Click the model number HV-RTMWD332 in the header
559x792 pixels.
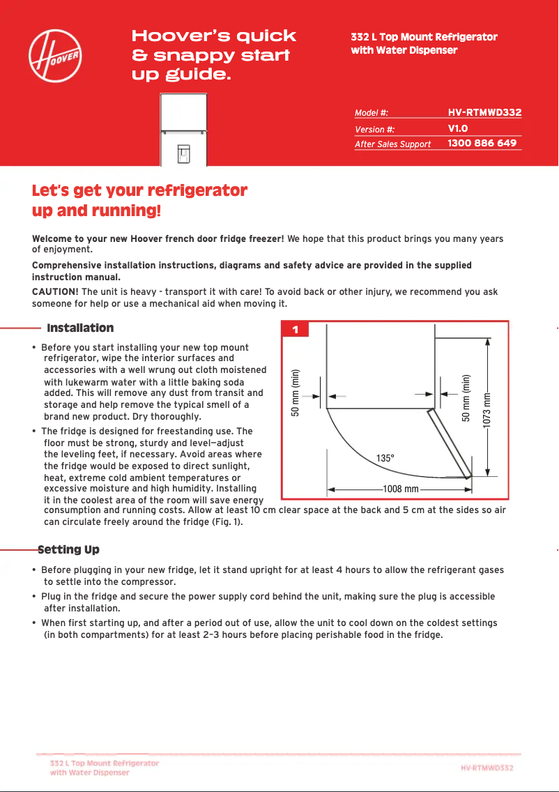tap(484, 112)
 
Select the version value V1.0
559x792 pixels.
tap(457, 128)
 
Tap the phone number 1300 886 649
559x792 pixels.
tap(482, 143)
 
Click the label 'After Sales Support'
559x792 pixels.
tap(392, 144)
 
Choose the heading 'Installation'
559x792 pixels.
tap(80, 328)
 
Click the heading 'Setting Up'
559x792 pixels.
tap(68, 550)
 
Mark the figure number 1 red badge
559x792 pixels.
tap(296, 330)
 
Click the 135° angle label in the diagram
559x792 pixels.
tap(385, 458)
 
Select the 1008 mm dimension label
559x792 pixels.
tap(401, 489)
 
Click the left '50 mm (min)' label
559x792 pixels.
tap(296, 392)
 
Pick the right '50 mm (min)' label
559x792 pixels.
tap(466, 397)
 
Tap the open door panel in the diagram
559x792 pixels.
tap(449, 442)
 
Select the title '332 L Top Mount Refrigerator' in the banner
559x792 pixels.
tap(424, 37)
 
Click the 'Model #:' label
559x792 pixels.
tap(372, 113)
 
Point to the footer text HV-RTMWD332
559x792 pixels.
tap(487, 768)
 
